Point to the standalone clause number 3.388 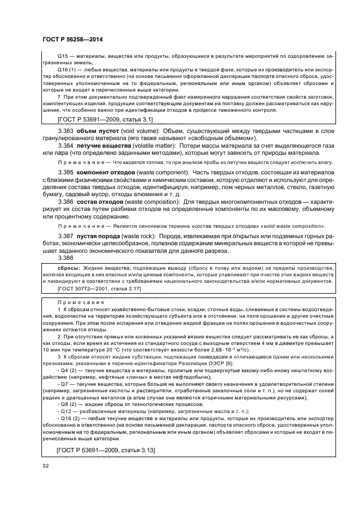(68, 258)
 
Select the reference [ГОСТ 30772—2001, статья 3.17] (99, 289)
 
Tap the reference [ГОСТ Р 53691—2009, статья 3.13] (106, 450)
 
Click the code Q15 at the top (64, 56)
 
